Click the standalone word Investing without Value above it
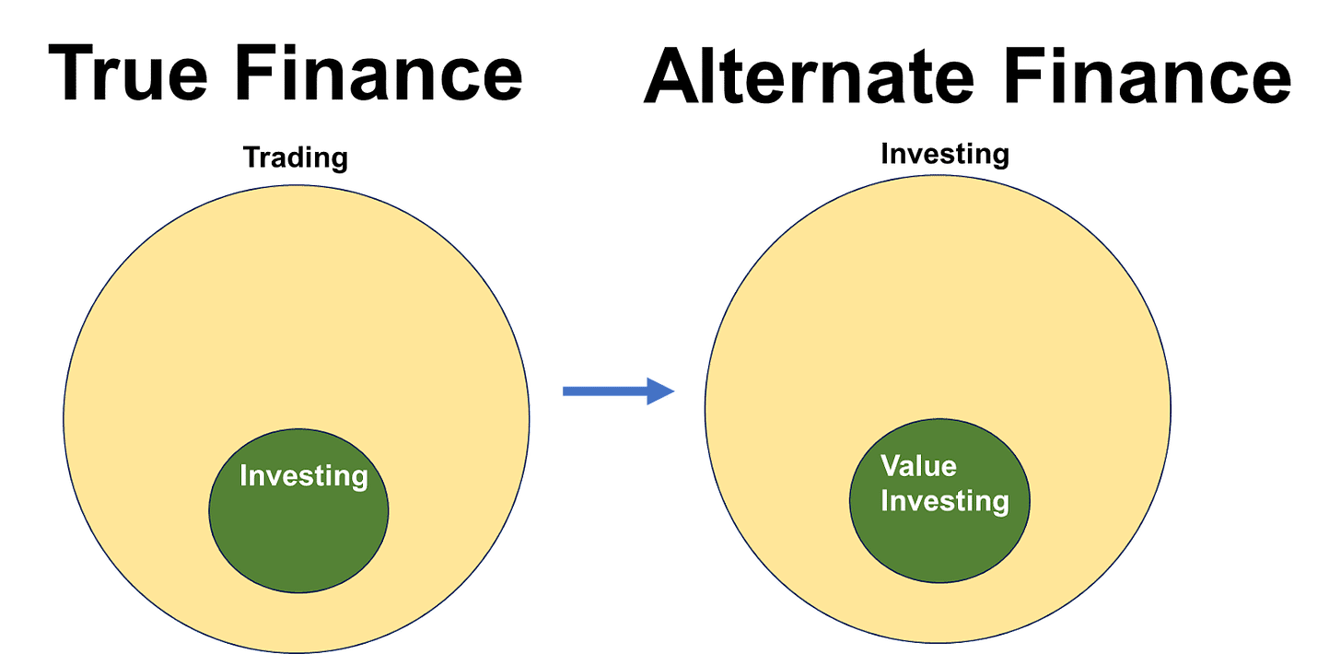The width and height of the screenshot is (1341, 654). (303, 476)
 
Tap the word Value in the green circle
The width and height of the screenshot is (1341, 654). (918, 466)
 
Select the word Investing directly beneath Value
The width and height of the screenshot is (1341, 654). (945, 501)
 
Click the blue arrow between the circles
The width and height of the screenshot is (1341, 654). (619, 391)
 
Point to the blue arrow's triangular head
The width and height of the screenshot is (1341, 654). (660, 391)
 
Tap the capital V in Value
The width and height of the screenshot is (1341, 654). (891, 466)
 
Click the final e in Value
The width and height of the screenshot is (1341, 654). (948, 467)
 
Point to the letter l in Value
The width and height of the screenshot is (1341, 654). (920, 466)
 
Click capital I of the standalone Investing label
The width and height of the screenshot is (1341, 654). (243, 476)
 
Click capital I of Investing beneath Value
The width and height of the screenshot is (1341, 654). (885, 501)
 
